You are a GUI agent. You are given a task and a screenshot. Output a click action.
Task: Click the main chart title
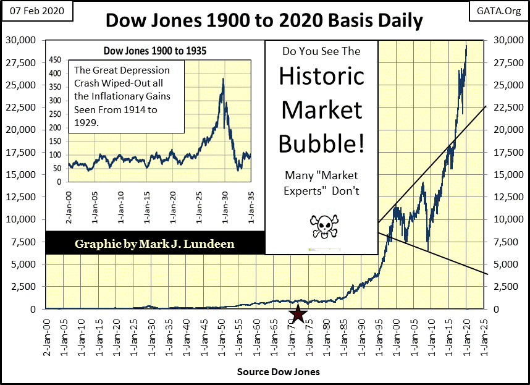[264, 21]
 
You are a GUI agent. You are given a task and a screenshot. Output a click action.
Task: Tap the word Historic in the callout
[321, 77]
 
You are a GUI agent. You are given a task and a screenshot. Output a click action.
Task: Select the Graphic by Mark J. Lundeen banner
[154, 243]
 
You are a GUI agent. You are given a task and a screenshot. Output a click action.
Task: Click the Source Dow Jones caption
[278, 373]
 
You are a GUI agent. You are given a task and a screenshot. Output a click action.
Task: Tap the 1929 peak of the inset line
[222, 79]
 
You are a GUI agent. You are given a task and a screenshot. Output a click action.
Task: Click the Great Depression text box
[128, 96]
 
